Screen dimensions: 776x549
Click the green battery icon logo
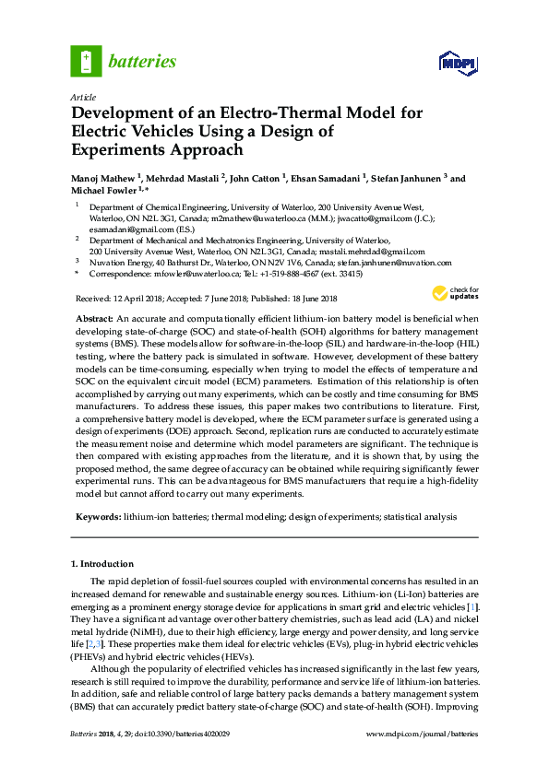[86, 62]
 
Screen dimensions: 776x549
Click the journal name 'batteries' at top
[142, 62]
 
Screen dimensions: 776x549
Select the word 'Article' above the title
[83, 97]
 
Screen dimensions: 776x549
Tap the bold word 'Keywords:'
[98, 517]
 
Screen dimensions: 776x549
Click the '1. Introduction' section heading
[102, 563]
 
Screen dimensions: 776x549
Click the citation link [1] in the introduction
[473, 608]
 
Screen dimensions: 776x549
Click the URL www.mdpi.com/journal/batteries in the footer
[423, 734]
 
